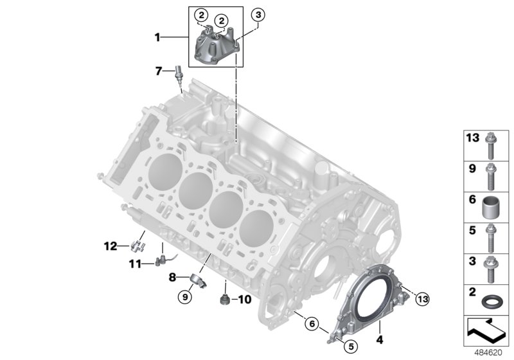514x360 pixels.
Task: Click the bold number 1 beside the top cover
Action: tap(157, 38)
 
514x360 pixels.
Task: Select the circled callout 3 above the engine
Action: tap(257, 14)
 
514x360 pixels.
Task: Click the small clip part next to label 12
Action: tap(136, 245)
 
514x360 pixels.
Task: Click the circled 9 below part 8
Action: tap(186, 296)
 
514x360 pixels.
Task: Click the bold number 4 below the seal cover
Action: tap(379, 339)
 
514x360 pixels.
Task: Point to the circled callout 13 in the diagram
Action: tap(422, 298)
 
